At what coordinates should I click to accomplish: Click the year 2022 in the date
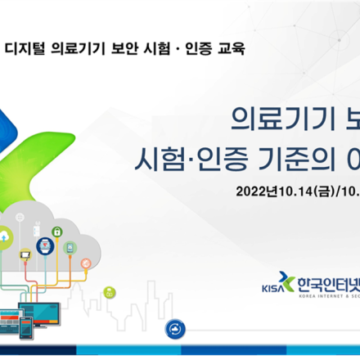click(x=250, y=191)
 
